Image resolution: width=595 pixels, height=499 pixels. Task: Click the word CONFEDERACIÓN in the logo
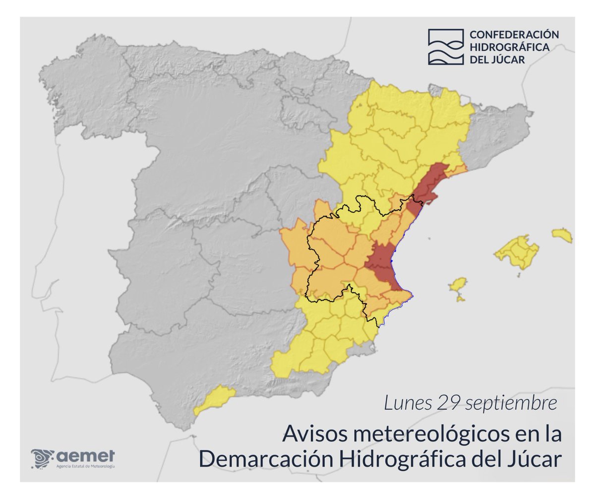click(514, 35)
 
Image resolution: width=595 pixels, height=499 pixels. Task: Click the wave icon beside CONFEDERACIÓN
click(445, 47)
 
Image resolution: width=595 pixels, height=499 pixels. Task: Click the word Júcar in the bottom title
click(538, 459)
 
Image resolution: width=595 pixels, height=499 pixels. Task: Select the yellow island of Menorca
click(562, 235)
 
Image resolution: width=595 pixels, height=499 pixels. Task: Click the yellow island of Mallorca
click(519, 251)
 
